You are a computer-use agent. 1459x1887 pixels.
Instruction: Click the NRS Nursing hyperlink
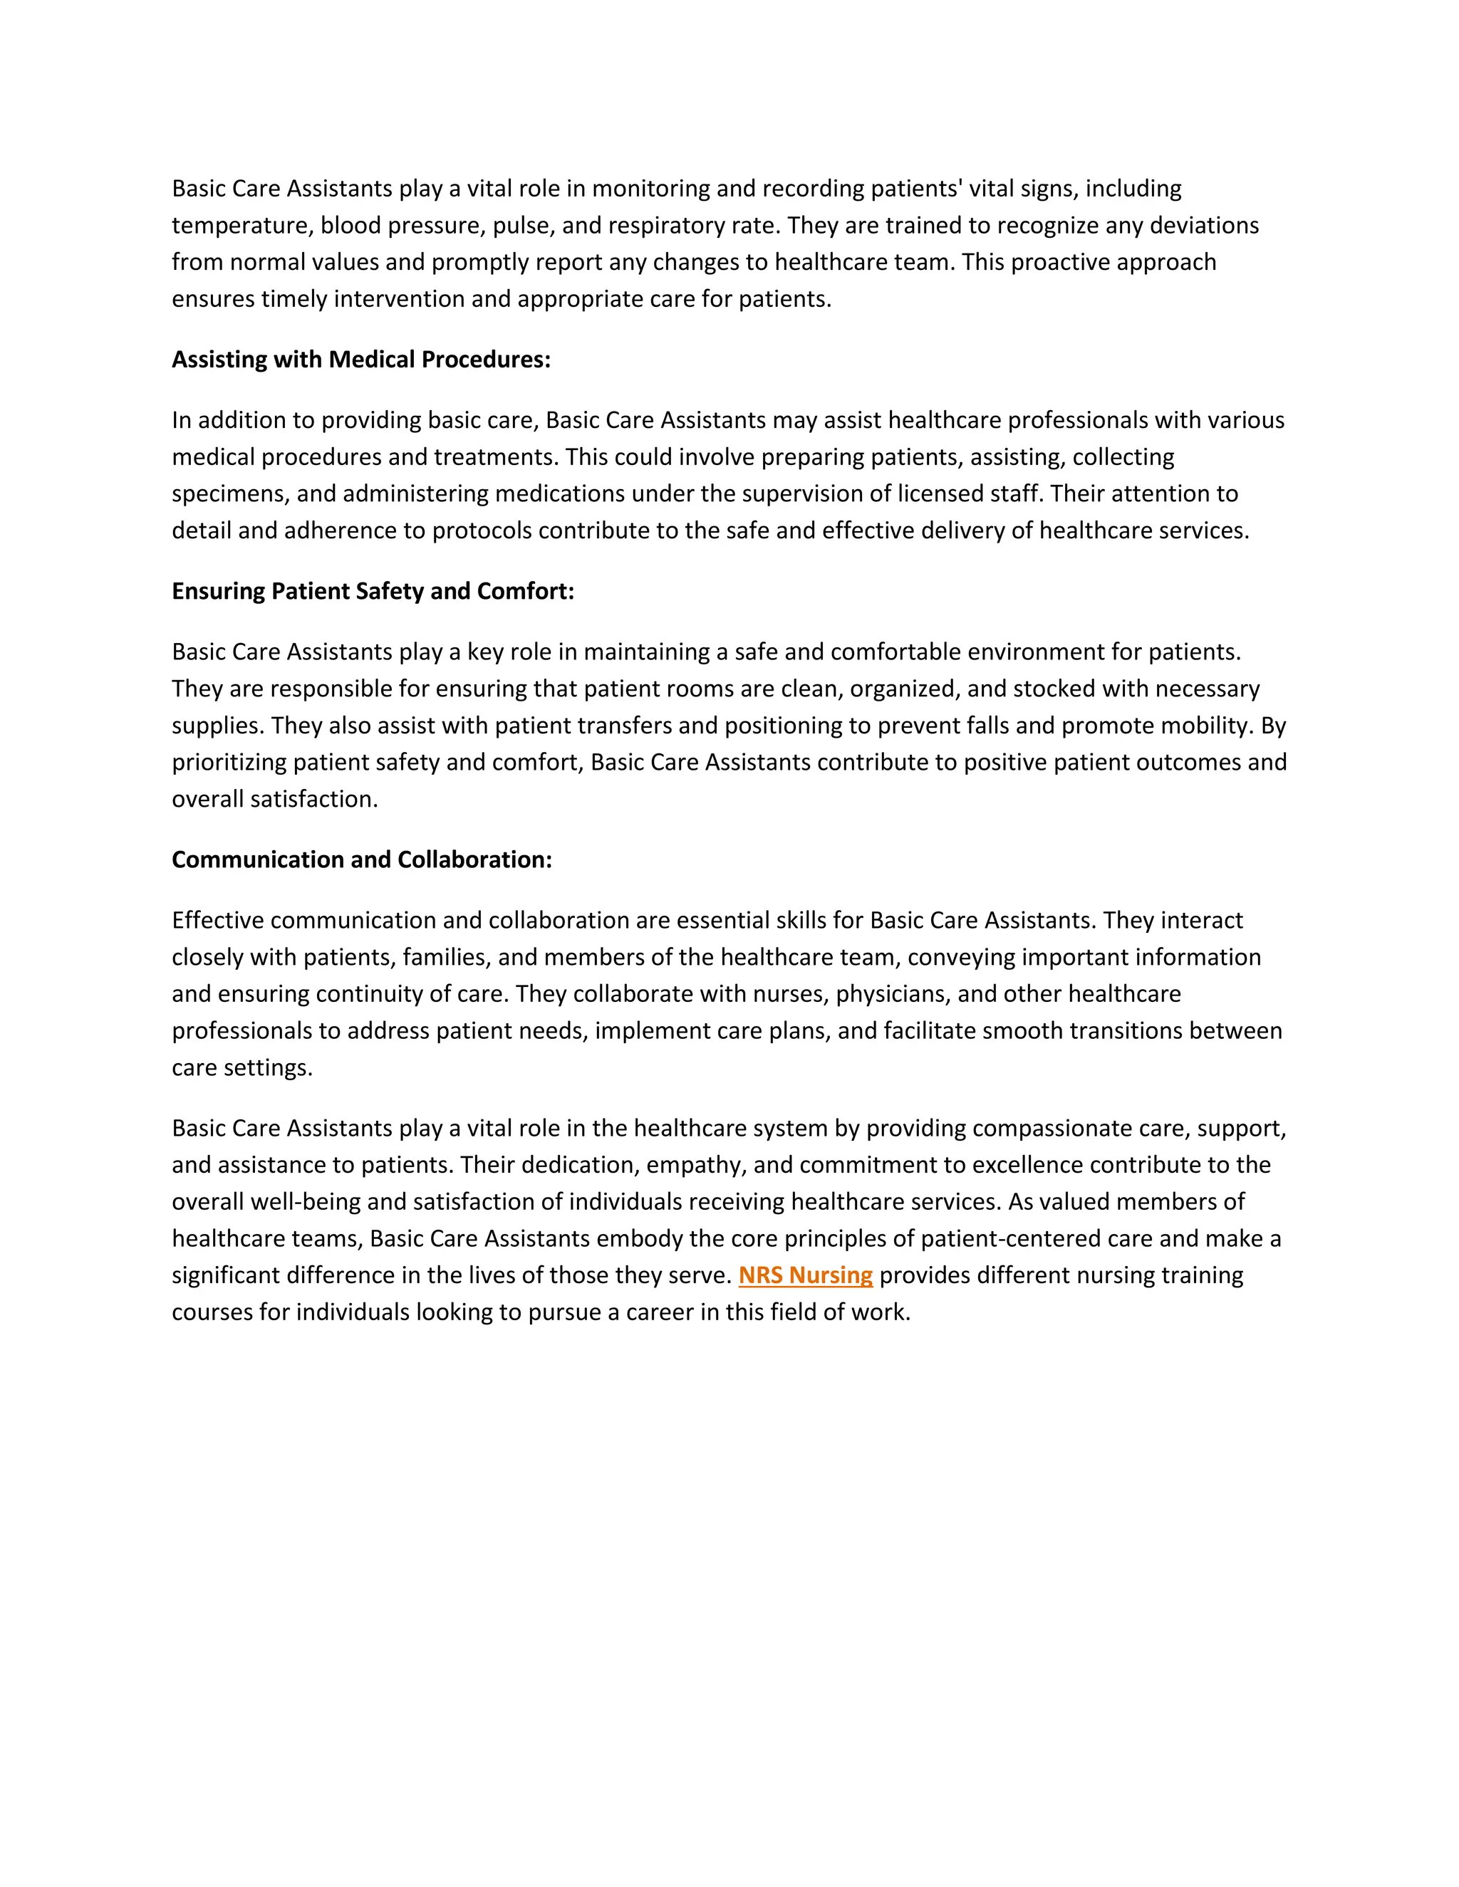pos(806,1275)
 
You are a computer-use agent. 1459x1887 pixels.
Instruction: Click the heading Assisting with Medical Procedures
pos(360,360)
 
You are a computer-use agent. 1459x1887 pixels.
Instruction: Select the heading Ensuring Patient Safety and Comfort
pos(373,591)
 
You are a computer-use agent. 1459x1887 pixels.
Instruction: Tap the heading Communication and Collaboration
pos(361,859)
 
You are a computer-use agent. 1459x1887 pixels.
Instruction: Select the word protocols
pos(482,530)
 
